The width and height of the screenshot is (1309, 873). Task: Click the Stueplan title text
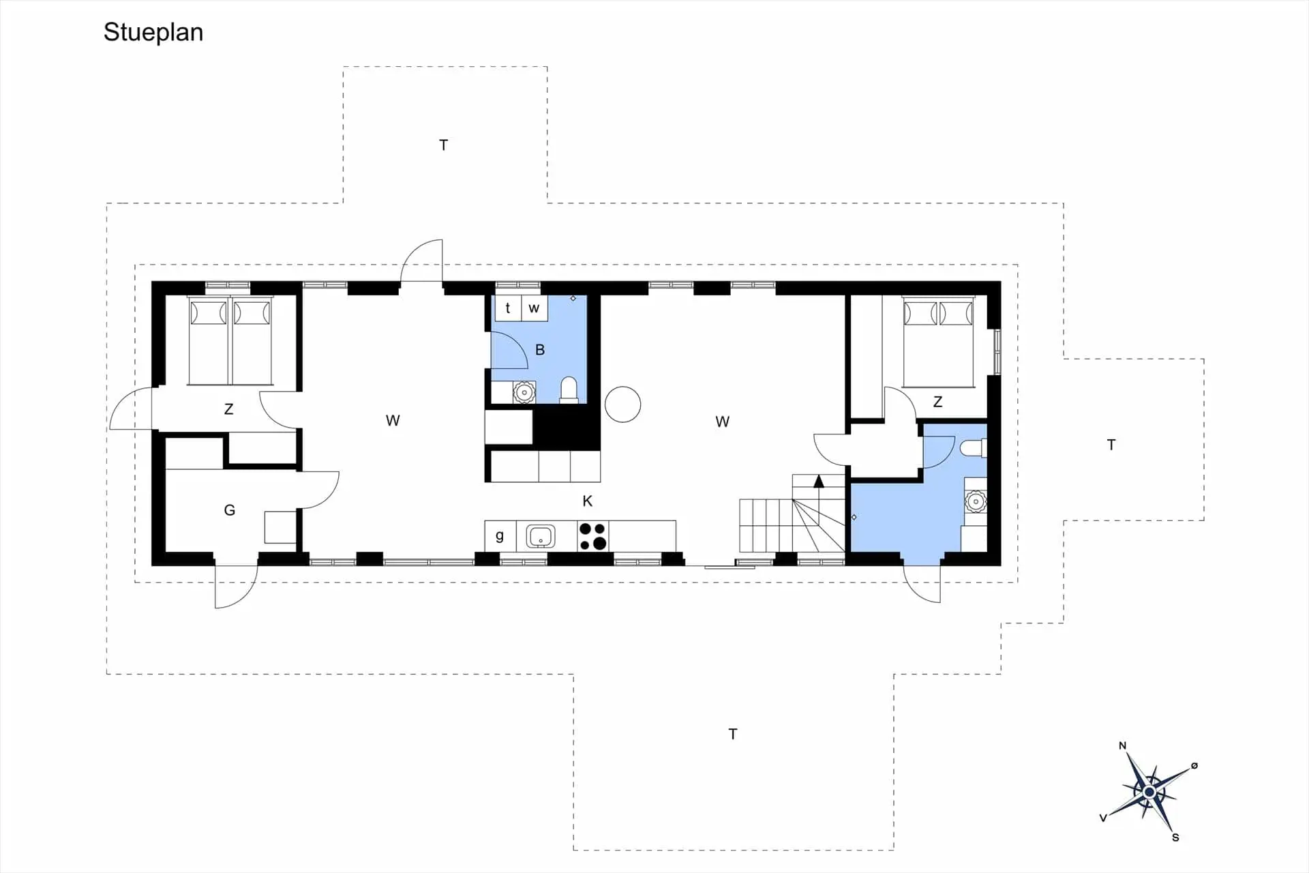(x=153, y=33)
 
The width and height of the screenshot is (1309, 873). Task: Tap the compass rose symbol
(x=1149, y=791)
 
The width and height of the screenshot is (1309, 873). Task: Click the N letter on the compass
(x=1122, y=745)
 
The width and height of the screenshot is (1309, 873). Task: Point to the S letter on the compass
(x=1175, y=838)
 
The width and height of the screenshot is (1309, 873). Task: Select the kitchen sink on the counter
(x=541, y=537)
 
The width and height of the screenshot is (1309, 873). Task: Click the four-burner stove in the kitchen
(x=592, y=536)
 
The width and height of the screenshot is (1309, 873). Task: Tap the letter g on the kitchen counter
(x=500, y=536)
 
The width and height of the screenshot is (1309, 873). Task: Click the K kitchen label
(x=588, y=501)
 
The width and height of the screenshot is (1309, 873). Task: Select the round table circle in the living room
(x=622, y=404)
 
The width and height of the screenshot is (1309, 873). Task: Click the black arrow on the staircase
(x=819, y=482)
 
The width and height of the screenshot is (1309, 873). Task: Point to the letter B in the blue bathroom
(x=540, y=350)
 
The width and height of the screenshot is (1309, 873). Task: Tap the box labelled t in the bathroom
(x=508, y=308)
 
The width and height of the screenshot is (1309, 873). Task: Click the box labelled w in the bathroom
(x=535, y=308)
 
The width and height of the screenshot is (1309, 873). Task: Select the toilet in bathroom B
(x=569, y=391)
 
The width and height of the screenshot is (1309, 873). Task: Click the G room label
(x=230, y=510)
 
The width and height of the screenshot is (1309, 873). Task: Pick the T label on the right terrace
(x=1111, y=445)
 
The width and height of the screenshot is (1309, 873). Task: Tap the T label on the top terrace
(x=444, y=145)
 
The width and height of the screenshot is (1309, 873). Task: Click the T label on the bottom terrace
(x=733, y=734)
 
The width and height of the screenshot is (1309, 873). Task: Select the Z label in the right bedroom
(x=937, y=402)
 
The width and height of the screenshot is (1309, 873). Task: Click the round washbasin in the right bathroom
(x=976, y=502)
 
